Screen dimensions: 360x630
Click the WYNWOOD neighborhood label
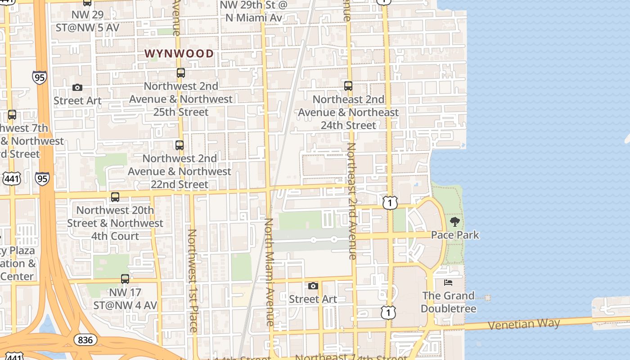(x=179, y=54)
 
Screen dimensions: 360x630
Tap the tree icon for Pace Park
(x=455, y=221)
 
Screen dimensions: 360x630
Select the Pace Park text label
(x=455, y=235)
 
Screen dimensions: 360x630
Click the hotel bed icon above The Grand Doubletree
(x=448, y=283)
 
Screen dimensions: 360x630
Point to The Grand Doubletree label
(x=448, y=302)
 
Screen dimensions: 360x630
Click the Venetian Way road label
(x=524, y=324)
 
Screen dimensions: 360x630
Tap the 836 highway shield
(x=85, y=339)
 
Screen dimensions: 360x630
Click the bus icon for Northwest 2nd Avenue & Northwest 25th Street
(x=181, y=73)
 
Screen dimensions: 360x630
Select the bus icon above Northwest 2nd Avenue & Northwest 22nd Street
(x=180, y=145)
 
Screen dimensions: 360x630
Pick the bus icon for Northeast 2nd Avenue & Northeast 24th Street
(x=348, y=86)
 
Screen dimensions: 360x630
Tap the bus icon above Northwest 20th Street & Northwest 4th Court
(x=115, y=197)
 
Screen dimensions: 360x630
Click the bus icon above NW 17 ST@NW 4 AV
(x=125, y=279)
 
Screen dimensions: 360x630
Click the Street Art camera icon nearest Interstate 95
(x=77, y=88)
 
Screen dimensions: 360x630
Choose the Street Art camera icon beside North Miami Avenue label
(x=313, y=286)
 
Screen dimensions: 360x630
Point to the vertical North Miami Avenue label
(x=269, y=272)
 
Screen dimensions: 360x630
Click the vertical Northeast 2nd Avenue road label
(x=352, y=201)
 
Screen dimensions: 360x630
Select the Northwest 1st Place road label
(x=193, y=280)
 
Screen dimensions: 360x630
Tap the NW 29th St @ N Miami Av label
(x=253, y=11)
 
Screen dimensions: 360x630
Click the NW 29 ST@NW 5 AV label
(x=87, y=21)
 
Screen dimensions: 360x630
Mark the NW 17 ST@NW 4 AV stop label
(x=125, y=299)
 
